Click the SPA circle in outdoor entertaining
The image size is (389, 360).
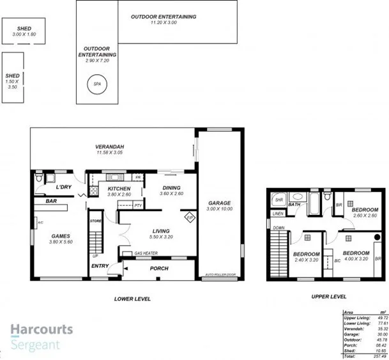[97, 84]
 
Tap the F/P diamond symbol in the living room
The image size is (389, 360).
[190, 217]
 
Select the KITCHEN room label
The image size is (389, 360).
[119, 189]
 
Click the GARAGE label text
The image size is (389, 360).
[218, 203]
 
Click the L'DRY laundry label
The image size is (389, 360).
[63, 187]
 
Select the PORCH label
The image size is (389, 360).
[158, 269]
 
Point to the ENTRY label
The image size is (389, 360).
[100, 266]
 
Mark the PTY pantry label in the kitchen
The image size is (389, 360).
[138, 205]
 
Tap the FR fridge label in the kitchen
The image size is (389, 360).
[137, 177]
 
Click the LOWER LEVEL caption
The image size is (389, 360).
[132, 299]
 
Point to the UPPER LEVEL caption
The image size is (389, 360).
[328, 297]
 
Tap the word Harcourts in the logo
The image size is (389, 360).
[42, 331]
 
